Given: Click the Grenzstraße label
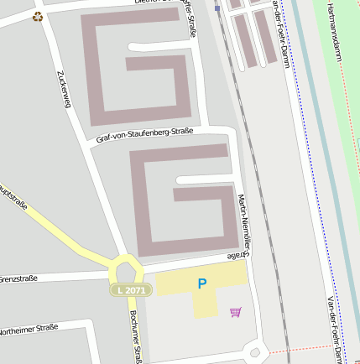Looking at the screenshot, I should pyautogui.click(x=18, y=278).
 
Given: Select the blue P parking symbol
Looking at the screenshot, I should pyautogui.click(x=201, y=283).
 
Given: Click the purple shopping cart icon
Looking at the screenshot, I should pyautogui.click(x=235, y=312).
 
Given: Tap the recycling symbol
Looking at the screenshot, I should pyautogui.click(x=37, y=16).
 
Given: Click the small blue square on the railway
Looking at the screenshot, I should pyautogui.click(x=217, y=8).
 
